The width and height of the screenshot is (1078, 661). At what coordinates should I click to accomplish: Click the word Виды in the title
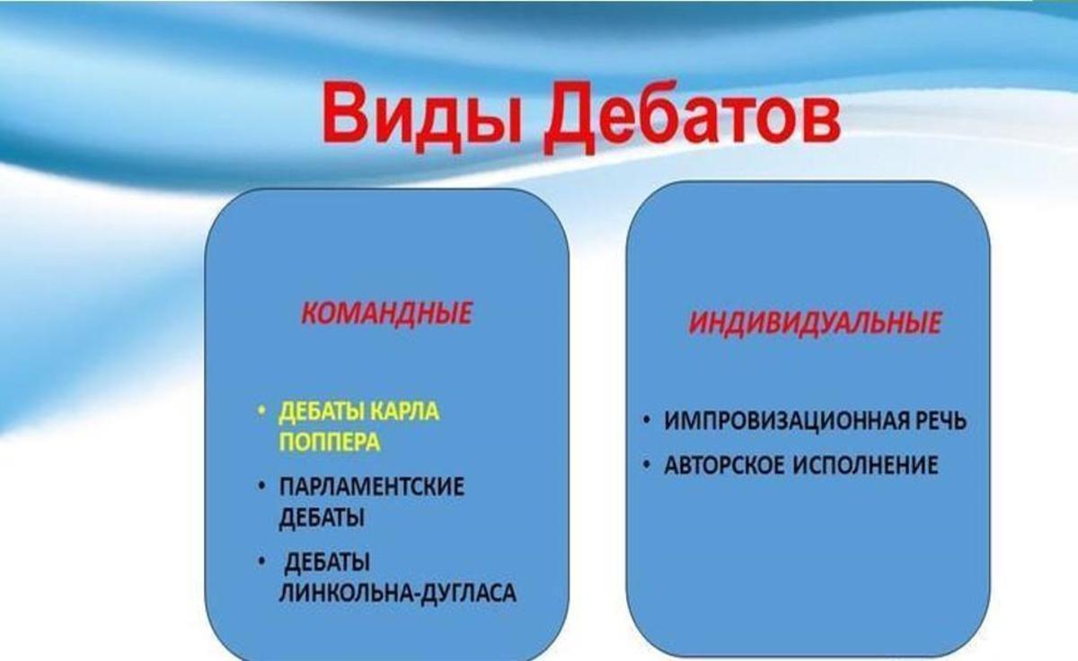coord(422,116)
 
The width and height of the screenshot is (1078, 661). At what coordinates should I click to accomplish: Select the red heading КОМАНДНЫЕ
coord(386,313)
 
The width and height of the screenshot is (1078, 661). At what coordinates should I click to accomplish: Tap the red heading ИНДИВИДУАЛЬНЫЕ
coord(814,322)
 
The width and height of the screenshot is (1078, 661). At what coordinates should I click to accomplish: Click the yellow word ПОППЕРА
coord(331,442)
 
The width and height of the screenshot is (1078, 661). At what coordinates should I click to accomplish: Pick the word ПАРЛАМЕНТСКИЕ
coord(372,487)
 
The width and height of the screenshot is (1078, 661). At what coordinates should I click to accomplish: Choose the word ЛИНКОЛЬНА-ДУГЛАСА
coord(397,593)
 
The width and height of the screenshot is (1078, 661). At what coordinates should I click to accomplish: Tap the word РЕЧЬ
coord(939,420)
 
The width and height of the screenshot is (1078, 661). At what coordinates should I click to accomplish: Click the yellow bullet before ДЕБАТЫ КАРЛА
coord(261,411)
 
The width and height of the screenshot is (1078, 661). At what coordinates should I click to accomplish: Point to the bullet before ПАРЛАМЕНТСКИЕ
coord(261,486)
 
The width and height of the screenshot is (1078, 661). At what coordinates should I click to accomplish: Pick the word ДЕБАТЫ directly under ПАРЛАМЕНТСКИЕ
coord(322,518)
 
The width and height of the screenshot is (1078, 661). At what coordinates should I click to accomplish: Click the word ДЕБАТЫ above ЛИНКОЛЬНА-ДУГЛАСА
coord(327,562)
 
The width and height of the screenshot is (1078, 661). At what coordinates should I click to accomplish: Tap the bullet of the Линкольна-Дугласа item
coord(261,561)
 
